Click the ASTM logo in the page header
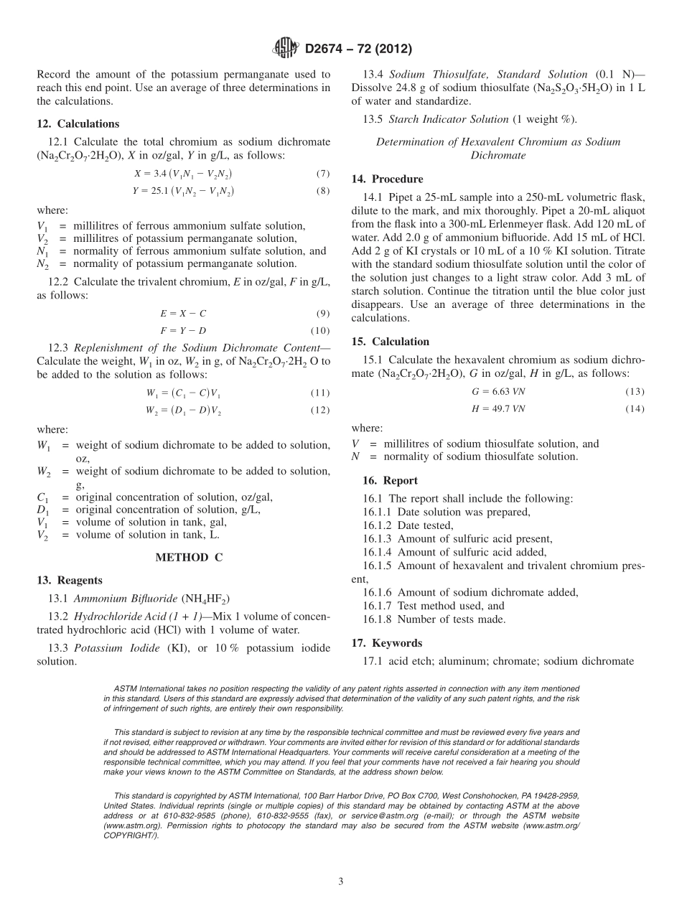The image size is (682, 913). click(x=286, y=49)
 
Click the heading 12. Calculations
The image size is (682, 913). click(x=78, y=123)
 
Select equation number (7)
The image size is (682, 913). click(x=322, y=174)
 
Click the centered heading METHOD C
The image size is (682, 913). click(x=183, y=557)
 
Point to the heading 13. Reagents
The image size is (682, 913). click(x=70, y=580)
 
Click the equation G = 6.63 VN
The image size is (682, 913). click(x=498, y=391)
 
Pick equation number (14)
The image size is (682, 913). click(x=635, y=408)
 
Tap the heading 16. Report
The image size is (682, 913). click(x=390, y=480)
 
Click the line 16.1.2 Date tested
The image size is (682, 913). click(x=408, y=525)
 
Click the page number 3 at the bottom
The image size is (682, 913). click(x=341, y=881)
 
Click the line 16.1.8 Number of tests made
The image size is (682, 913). click(x=434, y=619)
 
